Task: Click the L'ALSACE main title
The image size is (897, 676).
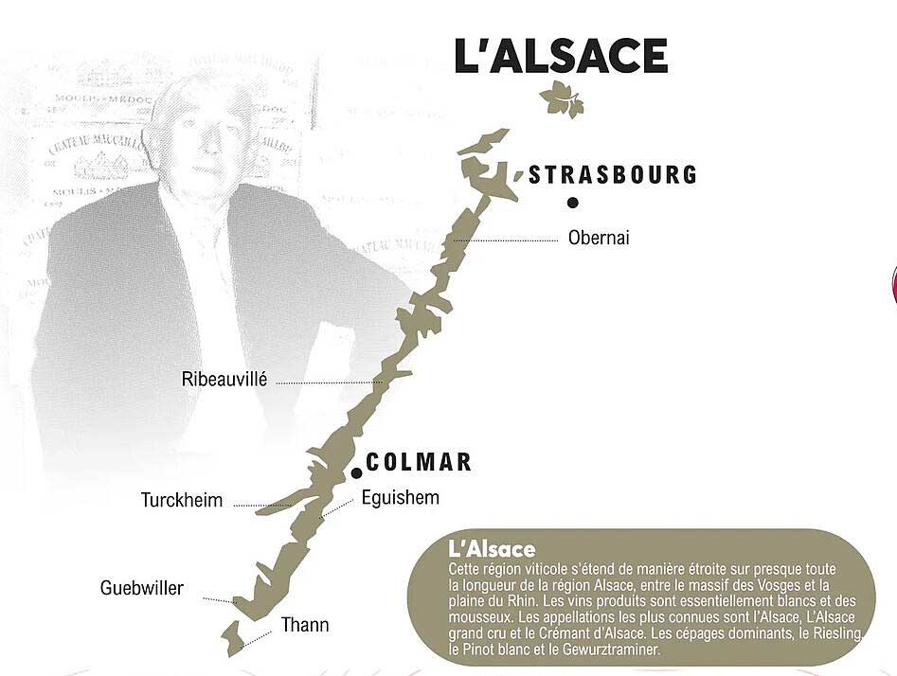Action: (561, 56)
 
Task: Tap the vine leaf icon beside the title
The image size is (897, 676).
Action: (562, 98)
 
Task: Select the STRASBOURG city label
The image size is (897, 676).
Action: (613, 175)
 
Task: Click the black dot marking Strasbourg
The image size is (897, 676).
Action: (573, 202)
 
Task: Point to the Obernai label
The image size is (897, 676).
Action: (599, 238)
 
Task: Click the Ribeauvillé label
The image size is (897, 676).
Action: (224, 380)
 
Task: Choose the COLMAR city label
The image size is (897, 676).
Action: (418, 462)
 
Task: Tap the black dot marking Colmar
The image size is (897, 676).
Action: (356, 473)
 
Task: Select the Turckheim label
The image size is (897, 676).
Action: (182, 500)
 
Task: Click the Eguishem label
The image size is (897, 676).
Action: (401, 497)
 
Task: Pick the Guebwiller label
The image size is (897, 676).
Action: (142, 588)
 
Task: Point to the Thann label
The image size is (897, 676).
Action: (305, 625)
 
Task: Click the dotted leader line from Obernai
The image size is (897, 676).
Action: (507, 241)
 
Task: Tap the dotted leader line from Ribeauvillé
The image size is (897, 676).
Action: (327, 382)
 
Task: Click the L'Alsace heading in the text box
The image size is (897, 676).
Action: (492, 549)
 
